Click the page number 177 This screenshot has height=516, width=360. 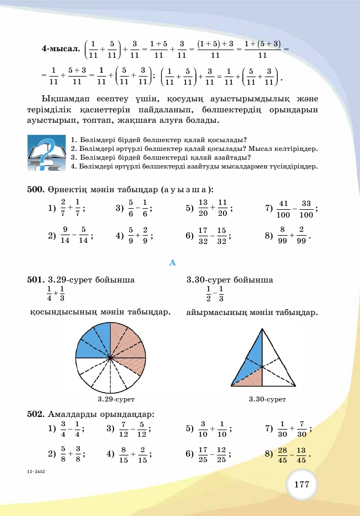tap(301, 485)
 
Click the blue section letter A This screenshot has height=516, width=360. tap(172, 263)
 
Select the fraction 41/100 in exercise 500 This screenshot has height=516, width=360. tap(283, 208)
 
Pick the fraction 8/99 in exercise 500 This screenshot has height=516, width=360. tap(283, 236)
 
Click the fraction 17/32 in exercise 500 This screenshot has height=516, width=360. tap(203, 236)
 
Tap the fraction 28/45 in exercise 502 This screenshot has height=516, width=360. tap(283, 454)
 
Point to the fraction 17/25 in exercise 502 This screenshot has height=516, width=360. tap(203, 454)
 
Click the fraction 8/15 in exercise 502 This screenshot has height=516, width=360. tap(124, 454)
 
